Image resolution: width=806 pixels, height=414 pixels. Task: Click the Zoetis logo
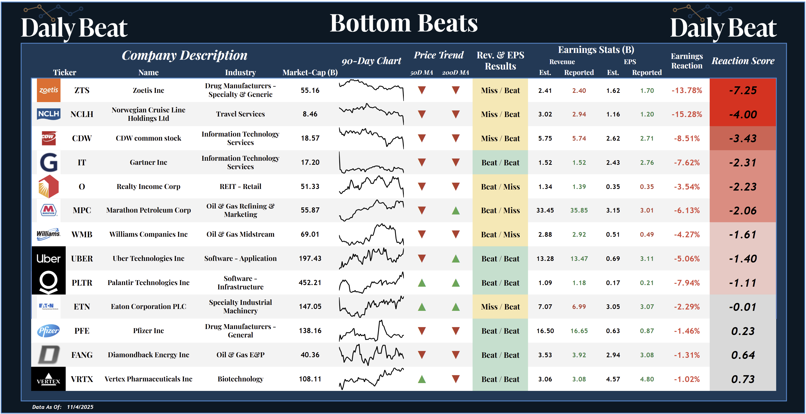49,90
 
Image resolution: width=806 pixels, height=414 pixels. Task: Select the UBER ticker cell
82,258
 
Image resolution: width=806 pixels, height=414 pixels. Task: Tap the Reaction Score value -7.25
743,90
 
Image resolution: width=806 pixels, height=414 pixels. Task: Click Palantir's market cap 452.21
310,283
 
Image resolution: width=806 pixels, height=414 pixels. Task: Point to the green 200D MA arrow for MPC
456,211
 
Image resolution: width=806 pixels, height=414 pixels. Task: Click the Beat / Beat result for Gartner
500,162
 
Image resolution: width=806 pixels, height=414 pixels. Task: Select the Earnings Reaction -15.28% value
687,114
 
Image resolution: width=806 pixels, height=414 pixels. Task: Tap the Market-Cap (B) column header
310,72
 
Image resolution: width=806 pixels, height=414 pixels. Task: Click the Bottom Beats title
403,23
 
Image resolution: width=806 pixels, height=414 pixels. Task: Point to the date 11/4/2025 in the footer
80,407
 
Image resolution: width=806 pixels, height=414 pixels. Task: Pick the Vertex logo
49,379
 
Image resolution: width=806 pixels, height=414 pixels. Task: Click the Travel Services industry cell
240,114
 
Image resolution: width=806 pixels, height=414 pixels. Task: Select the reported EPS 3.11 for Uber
646,258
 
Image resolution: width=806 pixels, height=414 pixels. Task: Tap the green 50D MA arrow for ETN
422,307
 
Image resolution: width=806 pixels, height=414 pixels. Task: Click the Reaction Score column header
743,61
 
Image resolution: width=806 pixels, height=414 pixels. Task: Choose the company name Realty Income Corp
148,187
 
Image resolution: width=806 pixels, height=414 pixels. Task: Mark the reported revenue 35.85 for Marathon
579,210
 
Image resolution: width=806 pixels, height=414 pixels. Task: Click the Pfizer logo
49,331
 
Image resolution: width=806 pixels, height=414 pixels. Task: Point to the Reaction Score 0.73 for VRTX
743,379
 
